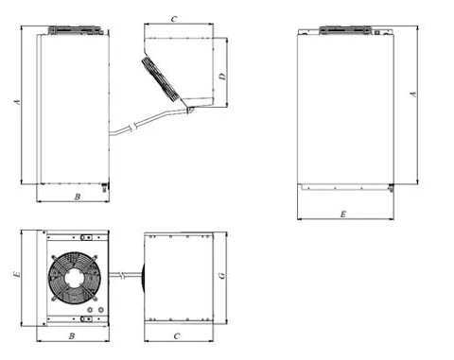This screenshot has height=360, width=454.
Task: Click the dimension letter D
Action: tap(222, 77)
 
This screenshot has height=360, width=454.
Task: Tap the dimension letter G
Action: tap(222, 276)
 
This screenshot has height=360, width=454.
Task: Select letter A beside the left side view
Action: tap(17, 102)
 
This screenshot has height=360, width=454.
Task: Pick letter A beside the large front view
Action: tap(413, 94)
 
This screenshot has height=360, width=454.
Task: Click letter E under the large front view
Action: tap(343, 214)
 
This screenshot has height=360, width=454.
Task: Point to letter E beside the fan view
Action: tap(17, 274)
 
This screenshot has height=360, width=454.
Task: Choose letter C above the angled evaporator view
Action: tap(174, 19)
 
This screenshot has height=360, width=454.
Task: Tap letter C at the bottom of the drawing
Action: tap(177, 336)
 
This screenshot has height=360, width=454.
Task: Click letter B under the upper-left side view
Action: tap(78, 197)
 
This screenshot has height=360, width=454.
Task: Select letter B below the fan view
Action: tap(72, 336)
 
